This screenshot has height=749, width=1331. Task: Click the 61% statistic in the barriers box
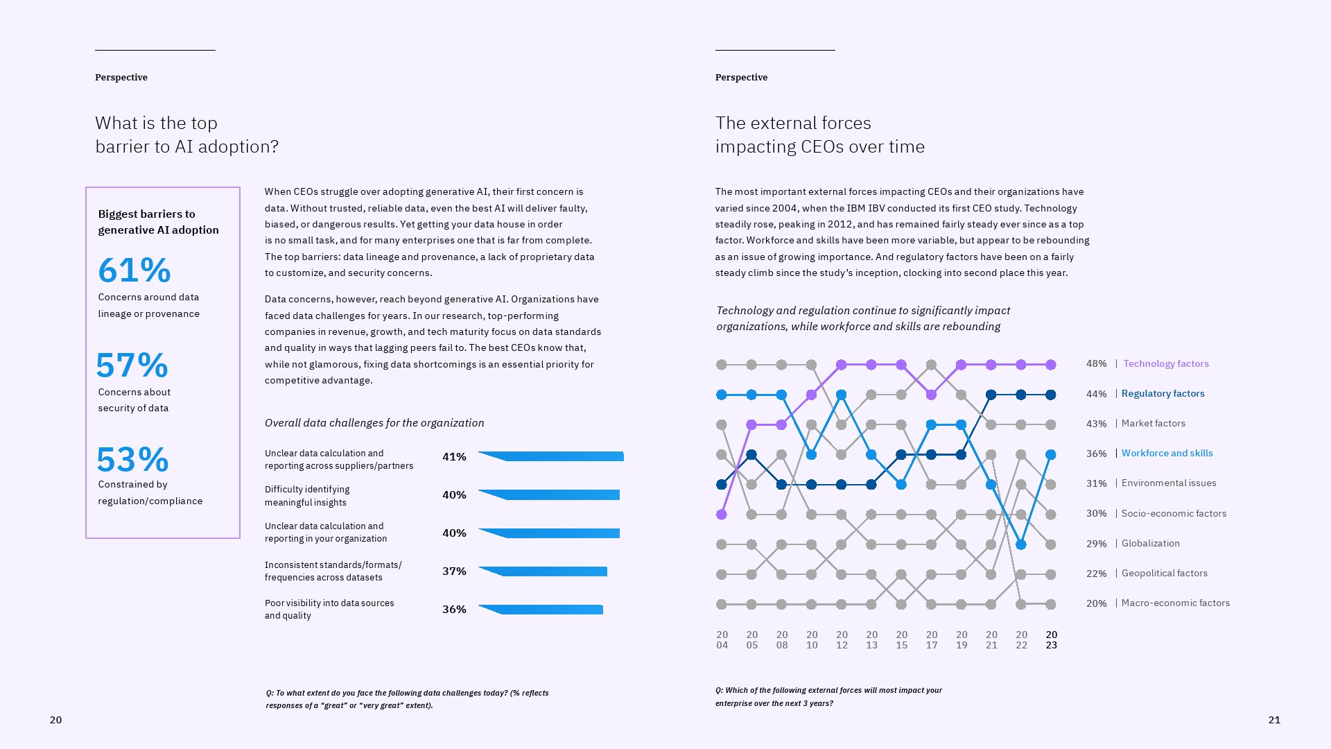click(134, 270)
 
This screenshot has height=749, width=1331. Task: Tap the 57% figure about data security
click(132, 365)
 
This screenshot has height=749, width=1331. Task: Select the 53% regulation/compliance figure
click(132, 460)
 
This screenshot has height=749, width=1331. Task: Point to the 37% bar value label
click(454, 571)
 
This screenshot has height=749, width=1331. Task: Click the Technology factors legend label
click(1166, 364)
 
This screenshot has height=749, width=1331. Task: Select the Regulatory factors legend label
click(1163, 394)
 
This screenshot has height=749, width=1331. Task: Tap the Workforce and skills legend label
click(1167, 454)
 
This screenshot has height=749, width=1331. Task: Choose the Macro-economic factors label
click(1175, 603)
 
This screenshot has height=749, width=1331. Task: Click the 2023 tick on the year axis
click(1051, 640)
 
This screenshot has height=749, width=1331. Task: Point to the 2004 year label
click(722, 640)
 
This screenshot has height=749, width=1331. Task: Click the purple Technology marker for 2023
click(1051, 365)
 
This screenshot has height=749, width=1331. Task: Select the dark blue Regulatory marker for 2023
click(1051, 395)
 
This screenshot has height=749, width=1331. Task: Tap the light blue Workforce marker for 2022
click(1021, 545)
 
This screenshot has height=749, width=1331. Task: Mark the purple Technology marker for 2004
click(722, 515)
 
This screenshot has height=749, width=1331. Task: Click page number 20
click(56, 720)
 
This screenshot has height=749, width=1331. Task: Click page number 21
click(1274, 720)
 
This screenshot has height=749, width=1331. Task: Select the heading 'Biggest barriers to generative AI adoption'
click(158, 222)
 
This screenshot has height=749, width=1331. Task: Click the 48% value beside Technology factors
click(1096, 364)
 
